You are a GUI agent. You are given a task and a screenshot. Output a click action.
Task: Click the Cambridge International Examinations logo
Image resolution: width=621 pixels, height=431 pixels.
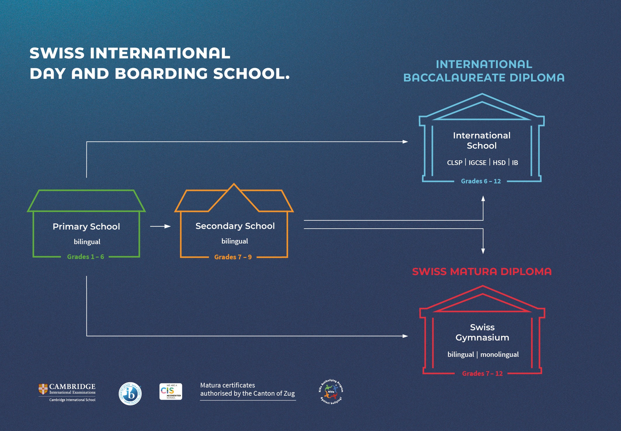coord(67,392)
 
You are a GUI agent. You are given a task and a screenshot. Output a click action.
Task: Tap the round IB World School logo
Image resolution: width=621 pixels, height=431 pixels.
coord(130,394)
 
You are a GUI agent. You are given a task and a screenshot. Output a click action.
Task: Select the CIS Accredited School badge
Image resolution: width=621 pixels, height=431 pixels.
coord(171,392)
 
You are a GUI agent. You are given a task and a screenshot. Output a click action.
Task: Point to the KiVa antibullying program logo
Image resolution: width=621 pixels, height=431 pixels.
coord(331,392)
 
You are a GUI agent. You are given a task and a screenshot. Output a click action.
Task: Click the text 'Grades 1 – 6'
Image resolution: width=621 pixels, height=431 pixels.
coord(86,257)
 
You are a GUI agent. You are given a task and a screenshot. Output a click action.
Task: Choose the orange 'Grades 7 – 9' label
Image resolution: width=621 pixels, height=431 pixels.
coord(233,257)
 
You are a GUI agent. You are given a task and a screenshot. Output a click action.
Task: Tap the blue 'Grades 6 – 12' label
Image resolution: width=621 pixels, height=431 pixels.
coord(481,181)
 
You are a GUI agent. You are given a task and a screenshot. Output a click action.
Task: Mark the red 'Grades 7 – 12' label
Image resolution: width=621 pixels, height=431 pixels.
coord(482,373)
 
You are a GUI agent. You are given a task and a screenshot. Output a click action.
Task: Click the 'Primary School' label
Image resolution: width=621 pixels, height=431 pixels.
coord(86,227)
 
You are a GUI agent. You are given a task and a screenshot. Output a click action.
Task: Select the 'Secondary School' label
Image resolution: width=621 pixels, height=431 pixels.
coord(235,226)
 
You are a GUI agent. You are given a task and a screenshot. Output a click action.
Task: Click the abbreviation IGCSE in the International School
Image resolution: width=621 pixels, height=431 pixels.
coord(478,163)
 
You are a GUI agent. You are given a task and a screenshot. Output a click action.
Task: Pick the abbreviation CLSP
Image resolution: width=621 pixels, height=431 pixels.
coord(455,163)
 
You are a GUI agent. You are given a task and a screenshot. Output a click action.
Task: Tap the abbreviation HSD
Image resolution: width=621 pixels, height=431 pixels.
coord(499,163)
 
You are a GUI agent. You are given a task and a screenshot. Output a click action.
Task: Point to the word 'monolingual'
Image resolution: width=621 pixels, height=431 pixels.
coord(499,354)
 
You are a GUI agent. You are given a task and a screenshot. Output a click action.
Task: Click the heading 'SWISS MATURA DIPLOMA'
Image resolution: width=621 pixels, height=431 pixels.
coord(482,272)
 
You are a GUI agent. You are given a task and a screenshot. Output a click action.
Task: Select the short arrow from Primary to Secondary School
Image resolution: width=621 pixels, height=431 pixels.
coord(160,226)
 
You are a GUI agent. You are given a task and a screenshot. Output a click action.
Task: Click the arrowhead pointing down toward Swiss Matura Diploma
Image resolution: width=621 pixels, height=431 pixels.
coord(483,251)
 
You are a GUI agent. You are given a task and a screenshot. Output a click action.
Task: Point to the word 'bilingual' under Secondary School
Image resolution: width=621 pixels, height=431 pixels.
coord(235,241)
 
